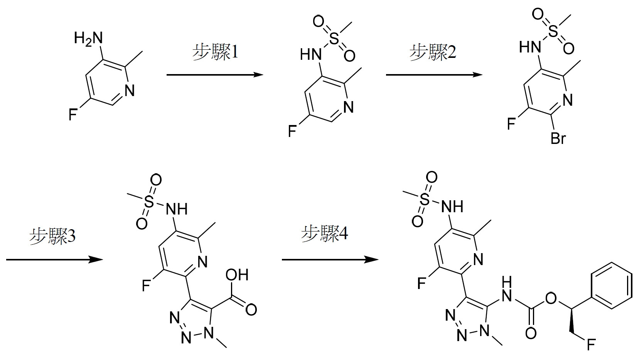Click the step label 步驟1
(x=215, y=52)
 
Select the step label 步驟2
(x=433, y=52)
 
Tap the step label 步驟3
(x=52, y=237)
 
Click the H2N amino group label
(x=88, y=38)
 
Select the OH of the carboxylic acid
(x=237, y=275)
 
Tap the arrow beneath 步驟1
(x=214, y=75)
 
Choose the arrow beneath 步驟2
(x=434, y=75)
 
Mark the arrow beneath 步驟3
(x=54, y=260)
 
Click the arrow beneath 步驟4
(x=330, y=260)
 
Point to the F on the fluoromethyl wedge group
(x=591, y=345)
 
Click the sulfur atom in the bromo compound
(x=553, y=31)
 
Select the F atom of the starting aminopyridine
(x=73, y=115)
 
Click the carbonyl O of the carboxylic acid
(x=251, y=310)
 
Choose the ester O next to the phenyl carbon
(x=551, y=298)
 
